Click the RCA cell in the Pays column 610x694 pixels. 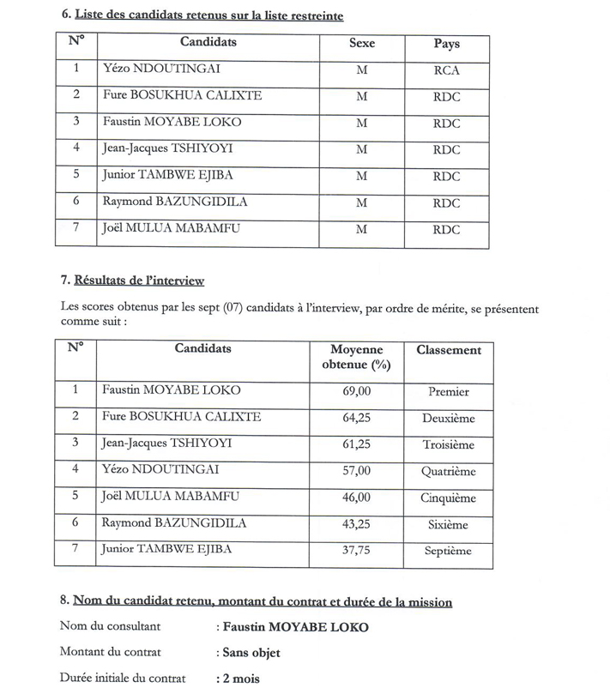(448, 70)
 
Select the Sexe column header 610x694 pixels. (362, 44)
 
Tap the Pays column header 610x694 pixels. (447, 44)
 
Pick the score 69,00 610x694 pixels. (356, 391)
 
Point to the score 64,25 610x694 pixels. (356, 418)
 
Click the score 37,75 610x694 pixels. (356, 551)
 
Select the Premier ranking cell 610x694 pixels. (449, 392)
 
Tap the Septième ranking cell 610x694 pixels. (449, 552)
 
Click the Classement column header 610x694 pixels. (449, 350)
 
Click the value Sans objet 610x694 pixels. (251, 653)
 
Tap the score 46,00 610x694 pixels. (356, 498)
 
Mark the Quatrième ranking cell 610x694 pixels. (449, 471)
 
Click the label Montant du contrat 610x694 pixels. (110, 653)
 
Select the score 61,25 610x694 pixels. (356, 444)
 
